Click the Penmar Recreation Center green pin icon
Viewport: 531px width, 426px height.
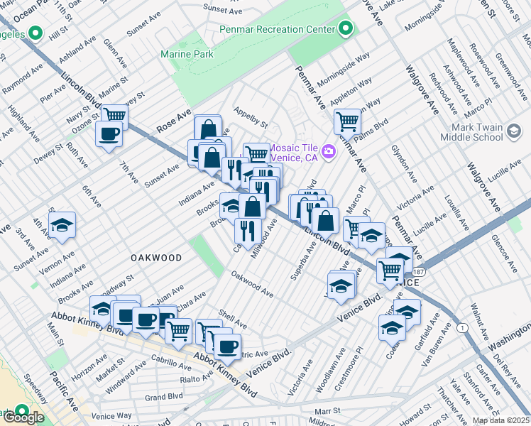click(x=346, y=29)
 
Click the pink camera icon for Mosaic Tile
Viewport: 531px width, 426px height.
click(x=328, y=151)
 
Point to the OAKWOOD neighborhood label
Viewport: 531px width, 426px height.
click(x=155, y=258)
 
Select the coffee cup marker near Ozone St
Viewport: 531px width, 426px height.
click(x=109, y=134)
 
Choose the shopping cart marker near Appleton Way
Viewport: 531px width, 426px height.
click(x=347, y=121)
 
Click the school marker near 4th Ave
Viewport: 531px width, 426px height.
click(x=62, y=224)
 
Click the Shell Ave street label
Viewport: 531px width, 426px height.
click(x=233, y=319)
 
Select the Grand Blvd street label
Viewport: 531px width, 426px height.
click(x=164, y=397)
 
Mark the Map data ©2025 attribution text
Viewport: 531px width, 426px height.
click(x=500, y=420)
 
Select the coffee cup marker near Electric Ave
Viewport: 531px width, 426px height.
click(x=227, y=347)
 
